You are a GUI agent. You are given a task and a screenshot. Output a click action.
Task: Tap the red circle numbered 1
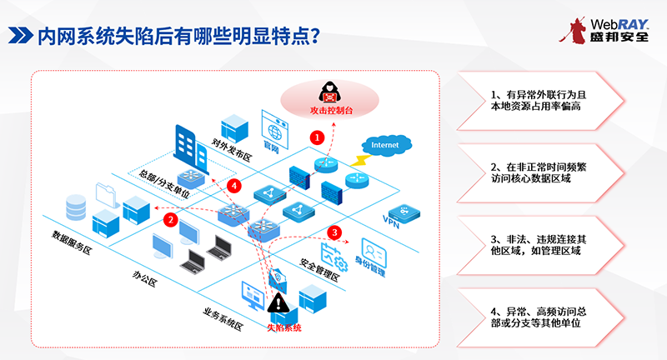(x=316, y=135)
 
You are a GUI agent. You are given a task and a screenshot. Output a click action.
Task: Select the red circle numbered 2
(x=170, y=220)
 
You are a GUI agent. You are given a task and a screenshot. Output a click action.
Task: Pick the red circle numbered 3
(x=334, y=232)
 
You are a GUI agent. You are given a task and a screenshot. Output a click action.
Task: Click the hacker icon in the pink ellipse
(x=327, y=92)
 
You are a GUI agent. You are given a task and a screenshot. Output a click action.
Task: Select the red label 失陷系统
(x=283, y=327)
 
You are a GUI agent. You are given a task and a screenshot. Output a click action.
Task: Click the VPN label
(x=392, y=220)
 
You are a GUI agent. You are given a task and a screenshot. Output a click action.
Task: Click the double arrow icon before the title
(x=18, y=36)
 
